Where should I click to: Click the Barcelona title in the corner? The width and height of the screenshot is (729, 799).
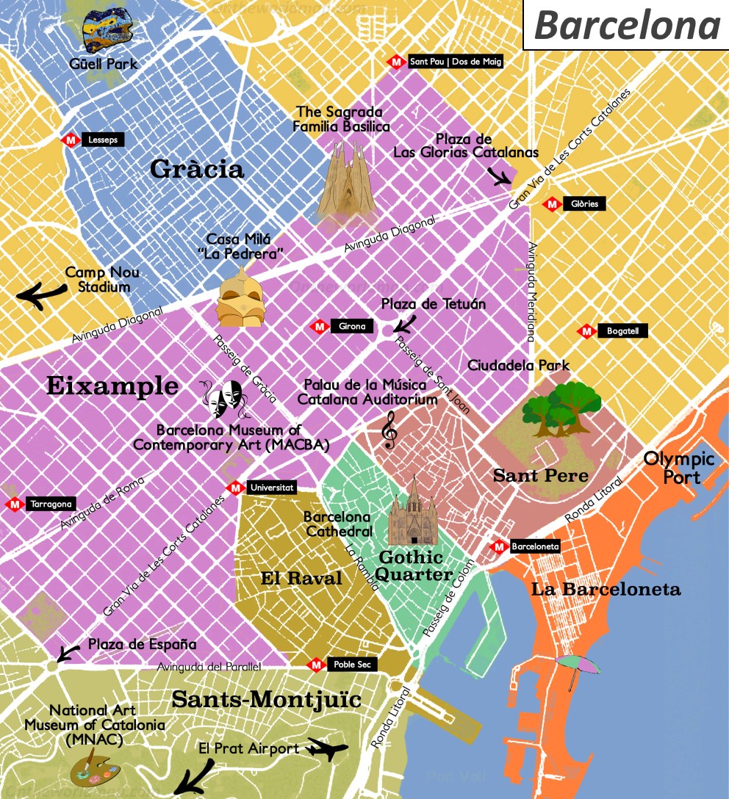tap(626, 25)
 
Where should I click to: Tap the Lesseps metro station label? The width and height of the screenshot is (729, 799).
tap(102, 140)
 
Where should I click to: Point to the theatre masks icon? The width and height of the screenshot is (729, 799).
tap(226, 399)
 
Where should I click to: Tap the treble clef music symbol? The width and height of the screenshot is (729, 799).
tap(389, 430)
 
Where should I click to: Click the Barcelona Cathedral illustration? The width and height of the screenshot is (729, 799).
tap(413, 512)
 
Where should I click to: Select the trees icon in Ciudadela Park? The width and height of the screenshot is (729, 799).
tap(563, 408)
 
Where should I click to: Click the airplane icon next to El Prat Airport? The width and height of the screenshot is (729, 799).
tap(326, 750)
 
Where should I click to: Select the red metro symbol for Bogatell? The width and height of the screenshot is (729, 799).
tap(586, 331)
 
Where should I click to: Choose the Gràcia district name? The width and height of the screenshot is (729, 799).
tap(196, 170)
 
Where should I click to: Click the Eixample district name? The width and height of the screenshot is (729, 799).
tap(112, 386)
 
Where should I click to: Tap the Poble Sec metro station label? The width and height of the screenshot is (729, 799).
tap(352, 665)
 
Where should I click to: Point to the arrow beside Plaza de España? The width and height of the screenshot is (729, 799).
tap(69, 652)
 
